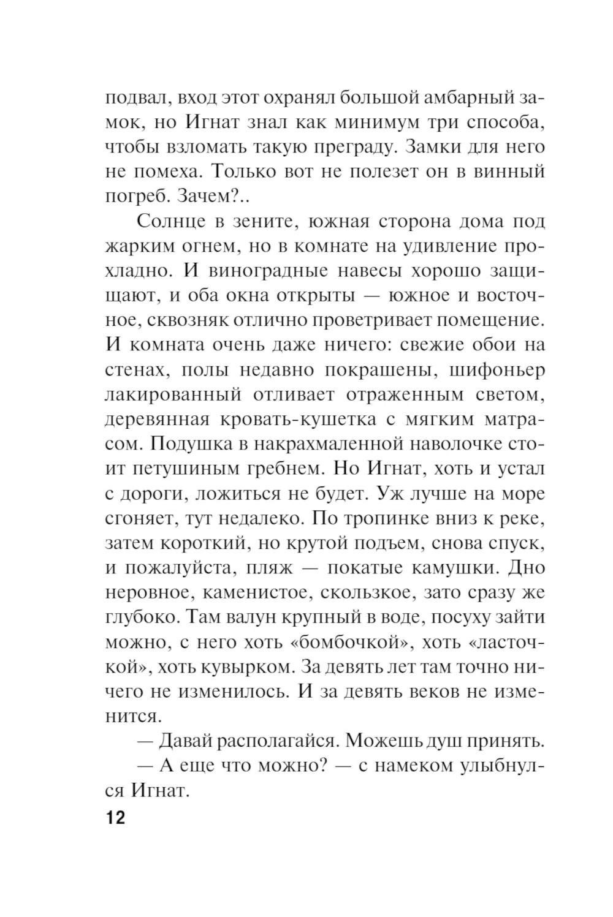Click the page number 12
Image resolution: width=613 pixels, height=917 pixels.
[115, 817]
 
